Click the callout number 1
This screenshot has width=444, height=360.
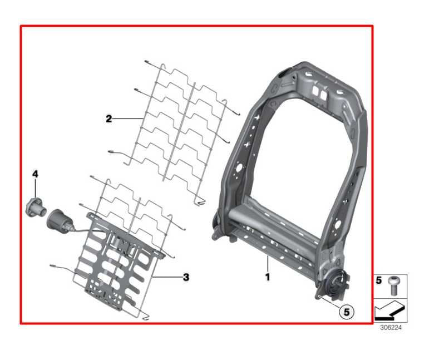pyautogui.click(x=268, y=277)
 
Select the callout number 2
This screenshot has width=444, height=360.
pyautogui.click(x=108, y=119)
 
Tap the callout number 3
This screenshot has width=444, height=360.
pyautogui.click(x=186, y=277)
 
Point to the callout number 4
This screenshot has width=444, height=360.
pyautogui.click(x=35, y=174)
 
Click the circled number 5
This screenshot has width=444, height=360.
pyautogui.click(x=347, y=312)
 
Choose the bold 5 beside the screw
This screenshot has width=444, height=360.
pyautogui.click(x=378, y=280)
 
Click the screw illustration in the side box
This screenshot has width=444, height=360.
pyautogui.click(x=392, y=285)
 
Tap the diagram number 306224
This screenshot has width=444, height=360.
pyautogui.click(x=391, y=328)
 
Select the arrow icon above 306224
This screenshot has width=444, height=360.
pyautogui.click(x=390, y=311)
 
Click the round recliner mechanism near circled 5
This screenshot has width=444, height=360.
pyautogui.click(x=336, y=284)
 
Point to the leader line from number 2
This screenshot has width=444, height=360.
pyautogui.click(x=127, y=119)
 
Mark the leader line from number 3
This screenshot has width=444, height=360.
pyautogui.click(x=167, y=277)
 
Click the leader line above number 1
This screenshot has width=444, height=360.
pyautogui.click(x=267, y=263)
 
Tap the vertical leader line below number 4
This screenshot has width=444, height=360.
pyautogui.click(x=35, y=188)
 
